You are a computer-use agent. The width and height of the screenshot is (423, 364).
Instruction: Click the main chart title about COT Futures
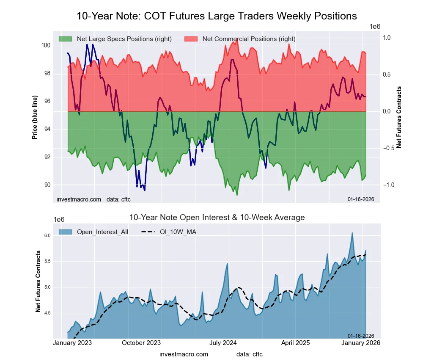(217, 16)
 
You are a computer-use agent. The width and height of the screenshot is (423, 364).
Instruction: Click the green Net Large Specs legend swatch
(65, 39)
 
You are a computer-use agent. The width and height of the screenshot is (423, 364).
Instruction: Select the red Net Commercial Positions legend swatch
(191, 39)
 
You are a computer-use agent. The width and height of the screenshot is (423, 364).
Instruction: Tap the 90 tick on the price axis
(48, 185)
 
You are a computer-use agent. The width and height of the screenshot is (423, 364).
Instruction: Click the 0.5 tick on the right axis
(386, 74)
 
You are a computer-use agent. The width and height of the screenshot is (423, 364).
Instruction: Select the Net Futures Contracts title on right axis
(399, 117)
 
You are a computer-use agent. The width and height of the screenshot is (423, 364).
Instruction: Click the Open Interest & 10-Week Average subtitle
(217, 218)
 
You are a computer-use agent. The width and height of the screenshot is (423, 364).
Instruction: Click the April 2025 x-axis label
(302, 342)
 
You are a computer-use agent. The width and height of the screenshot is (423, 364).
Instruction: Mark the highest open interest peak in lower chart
(352, 233)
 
